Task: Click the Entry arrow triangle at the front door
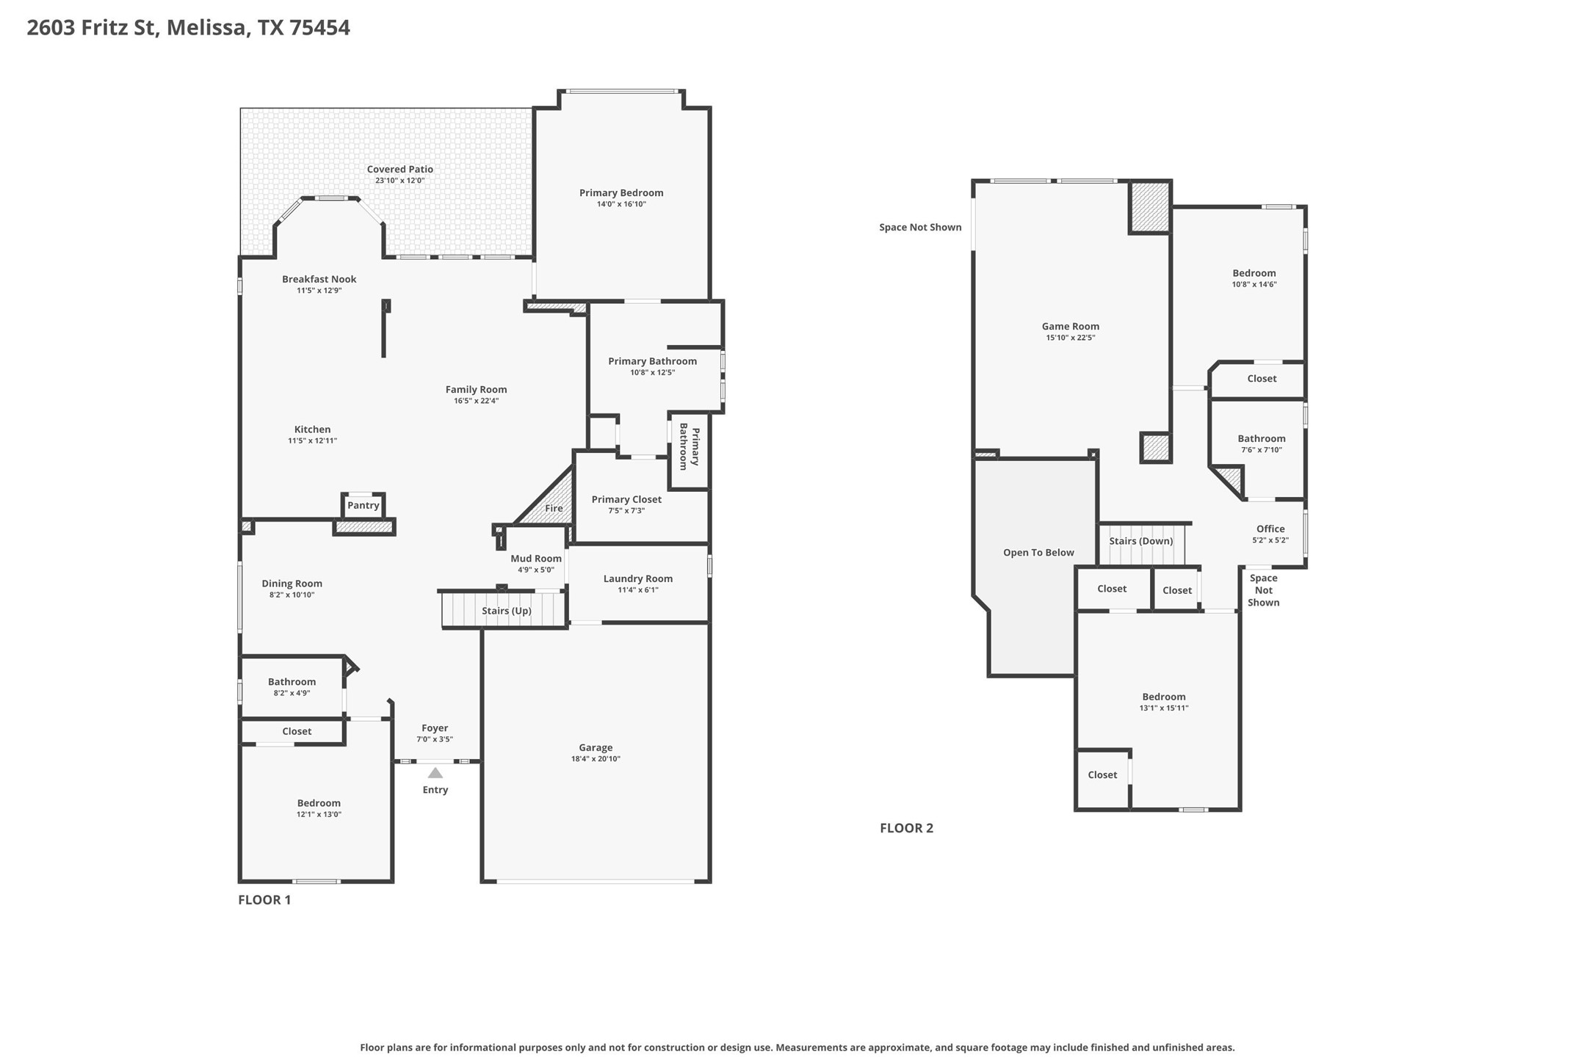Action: click(435, 772)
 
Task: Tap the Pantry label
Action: click(364, 505)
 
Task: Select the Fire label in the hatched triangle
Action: click(554, 508)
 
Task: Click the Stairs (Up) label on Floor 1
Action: click(507, 611)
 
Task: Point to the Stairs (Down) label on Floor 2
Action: click(1141, 541)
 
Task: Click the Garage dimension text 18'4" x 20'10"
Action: click(596, 759)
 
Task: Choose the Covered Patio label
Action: click(400, 170)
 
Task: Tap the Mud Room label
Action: click(536, 559)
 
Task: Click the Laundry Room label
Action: click(638, 578)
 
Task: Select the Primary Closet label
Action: click(626, 499)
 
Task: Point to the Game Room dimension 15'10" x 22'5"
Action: click(1071, 338)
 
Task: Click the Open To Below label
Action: click(1038, 553)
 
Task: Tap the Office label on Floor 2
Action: click(1270, 529)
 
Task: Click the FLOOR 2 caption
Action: click(906, 828)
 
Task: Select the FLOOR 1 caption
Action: click(264, 900)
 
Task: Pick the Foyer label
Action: click(435, 728)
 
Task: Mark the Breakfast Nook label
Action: click(319, 279)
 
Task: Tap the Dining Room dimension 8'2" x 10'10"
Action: click(292, 595)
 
